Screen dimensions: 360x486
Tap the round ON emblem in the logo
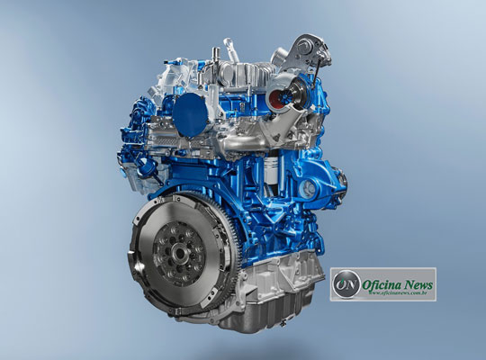pos(343,284)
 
